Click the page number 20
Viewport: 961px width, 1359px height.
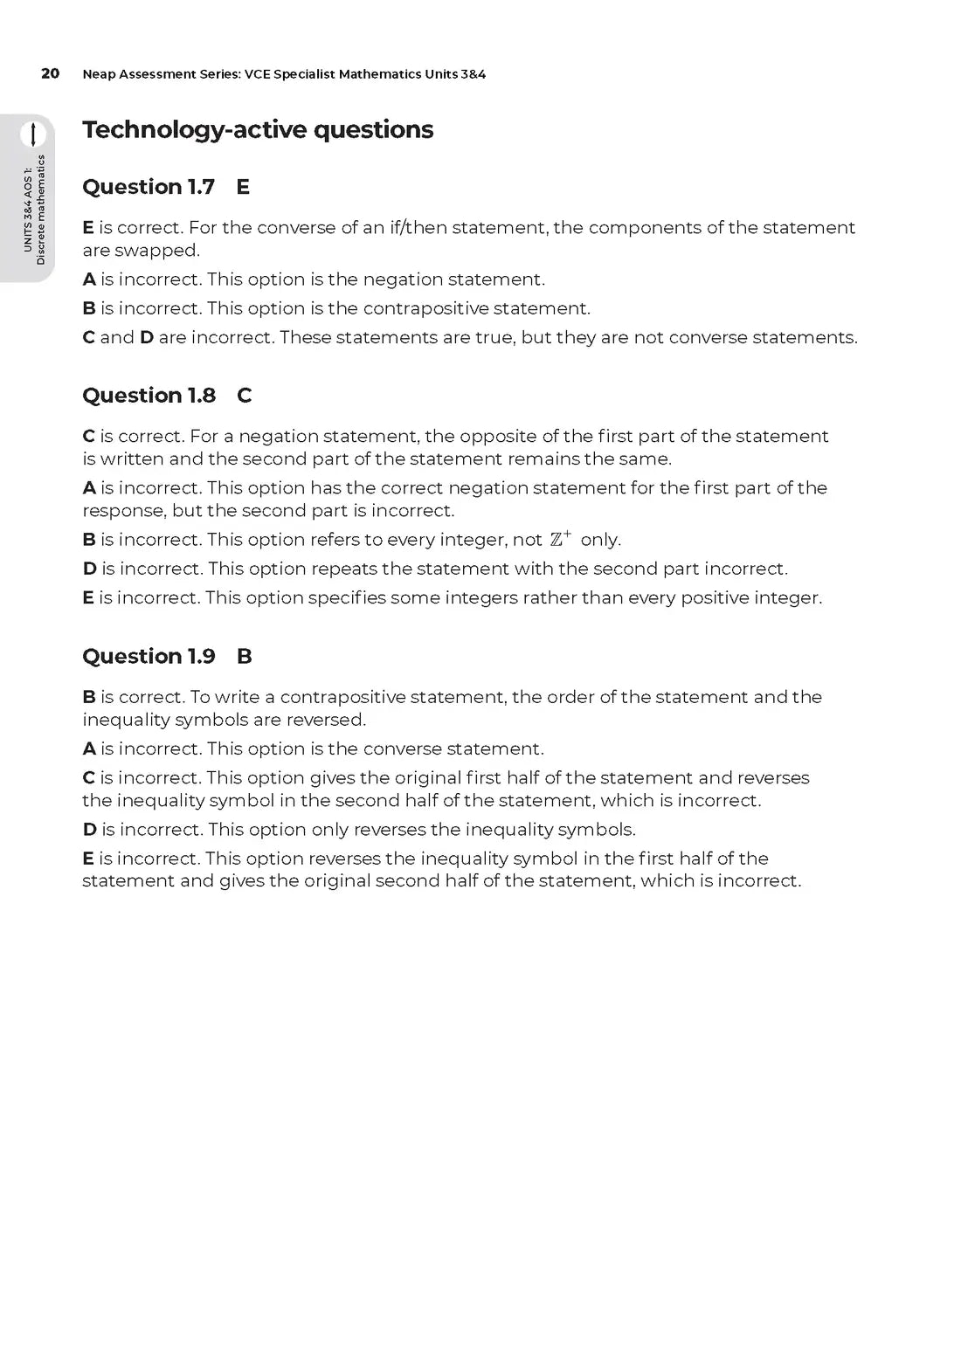pyautogui.click(x=50, y=73)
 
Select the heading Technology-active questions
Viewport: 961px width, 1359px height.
pyautogui.click(x=258, y=129)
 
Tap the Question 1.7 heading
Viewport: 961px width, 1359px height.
pyautogui.click(x=149, y=187)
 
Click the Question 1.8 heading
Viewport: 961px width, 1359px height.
pyautogui.click(x=149, y=396)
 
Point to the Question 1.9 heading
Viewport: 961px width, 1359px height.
pyautogui.click(x=149, y=657)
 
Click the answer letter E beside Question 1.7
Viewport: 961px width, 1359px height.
pyautogui.click(x=243, y=187)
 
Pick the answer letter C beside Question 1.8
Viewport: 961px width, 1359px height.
pyautogui.click(x=244, y=396)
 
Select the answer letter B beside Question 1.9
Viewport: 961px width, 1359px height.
pyautogui.click(x=244, y=657)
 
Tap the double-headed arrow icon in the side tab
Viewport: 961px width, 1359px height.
pyautogui.click(x=33, y=135)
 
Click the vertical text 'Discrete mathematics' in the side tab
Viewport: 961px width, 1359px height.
pyautogui.click(x=40, y=210)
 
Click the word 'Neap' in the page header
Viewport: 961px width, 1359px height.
pyautogui.click(x=99, y=74)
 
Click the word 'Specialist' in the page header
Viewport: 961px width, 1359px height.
pyautogui.click(x=303, y=74)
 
